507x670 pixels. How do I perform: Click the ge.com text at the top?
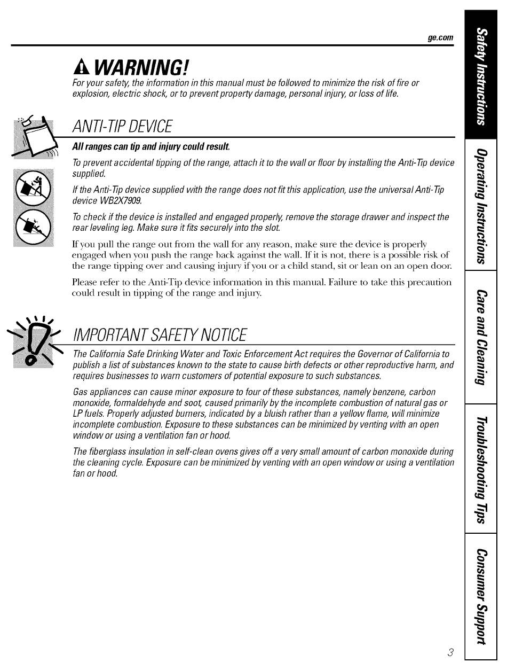[x=440, y=37]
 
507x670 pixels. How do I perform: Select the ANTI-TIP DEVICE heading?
[x=123, y=127]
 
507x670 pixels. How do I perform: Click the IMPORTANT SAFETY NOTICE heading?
[x=160, y=335]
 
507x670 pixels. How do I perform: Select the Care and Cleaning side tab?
[x=481, y=337]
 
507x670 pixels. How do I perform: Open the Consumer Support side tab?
[x=481, y=596]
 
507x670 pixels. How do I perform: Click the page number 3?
[x=450, y=652]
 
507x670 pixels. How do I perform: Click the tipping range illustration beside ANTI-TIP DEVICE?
[x=35, y=138]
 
